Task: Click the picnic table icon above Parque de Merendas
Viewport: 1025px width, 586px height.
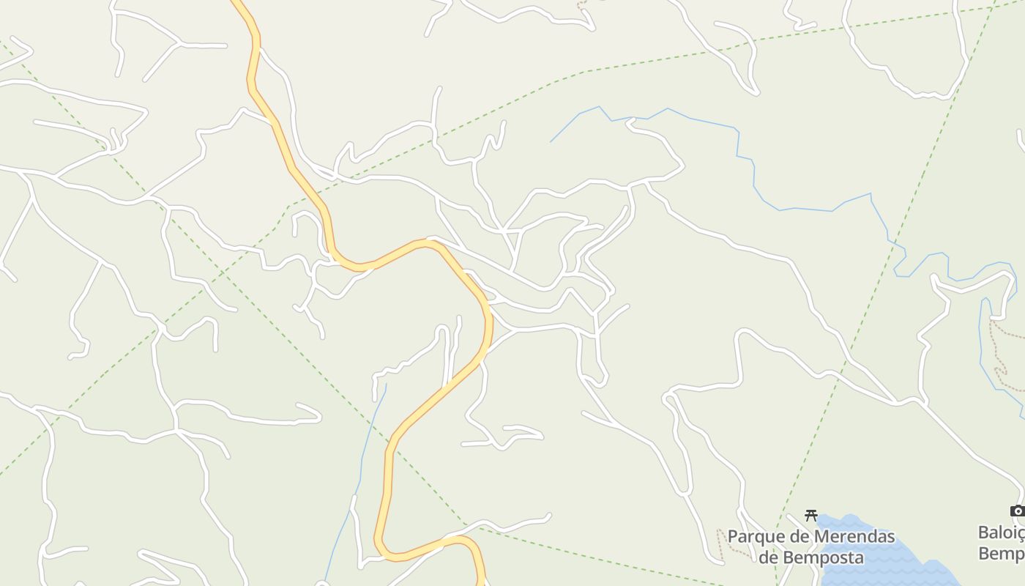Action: click(810, 516)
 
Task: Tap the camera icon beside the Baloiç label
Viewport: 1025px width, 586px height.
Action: click(1017, 511)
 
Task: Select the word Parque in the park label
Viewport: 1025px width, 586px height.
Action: click(753, 537)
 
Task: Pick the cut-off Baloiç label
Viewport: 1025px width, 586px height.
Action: click(1002, 532)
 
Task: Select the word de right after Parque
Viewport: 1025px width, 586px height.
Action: click(795, 537)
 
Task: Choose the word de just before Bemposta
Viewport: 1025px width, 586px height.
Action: click(768, 557)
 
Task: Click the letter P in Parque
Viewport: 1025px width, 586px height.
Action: click(733, 537)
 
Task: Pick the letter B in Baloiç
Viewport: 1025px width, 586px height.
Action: click(984, 532)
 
